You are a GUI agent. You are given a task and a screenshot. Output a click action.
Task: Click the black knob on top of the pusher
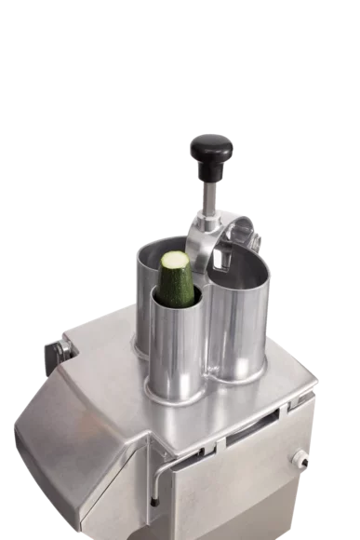(211, 150)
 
